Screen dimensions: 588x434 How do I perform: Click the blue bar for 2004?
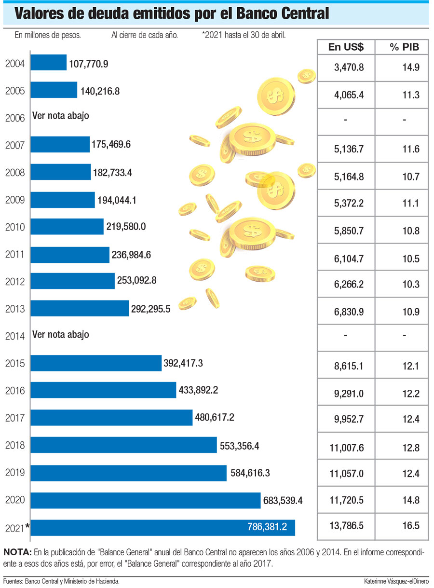48,63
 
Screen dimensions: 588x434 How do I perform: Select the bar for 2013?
80,308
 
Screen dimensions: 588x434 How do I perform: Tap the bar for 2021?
163,527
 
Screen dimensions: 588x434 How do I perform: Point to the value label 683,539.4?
282,501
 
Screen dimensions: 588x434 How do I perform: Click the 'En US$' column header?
346,47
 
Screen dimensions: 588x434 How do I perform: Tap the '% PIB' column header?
404,47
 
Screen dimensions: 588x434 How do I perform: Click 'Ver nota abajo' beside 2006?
61,116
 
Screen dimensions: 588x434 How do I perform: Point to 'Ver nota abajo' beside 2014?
61,334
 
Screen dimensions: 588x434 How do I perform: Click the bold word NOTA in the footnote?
17,552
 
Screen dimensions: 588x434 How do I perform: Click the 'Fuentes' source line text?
61,581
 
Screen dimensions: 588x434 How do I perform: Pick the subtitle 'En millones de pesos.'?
48,35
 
